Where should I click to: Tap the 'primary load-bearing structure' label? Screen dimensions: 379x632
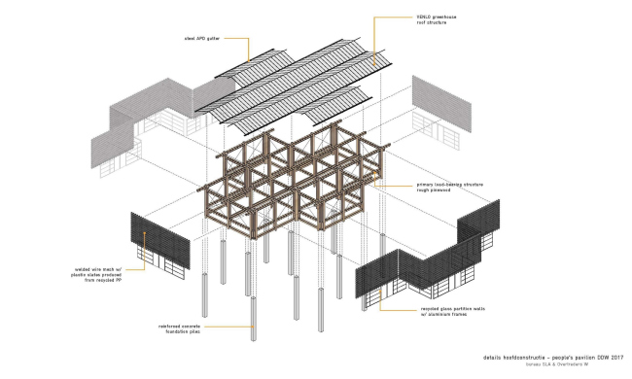point(418,187)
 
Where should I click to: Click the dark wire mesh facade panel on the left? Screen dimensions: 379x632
point(160,243)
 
